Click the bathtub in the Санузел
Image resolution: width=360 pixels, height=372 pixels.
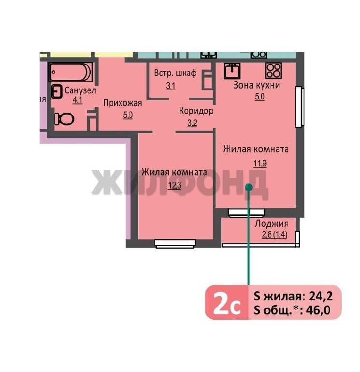(x=71, y=72)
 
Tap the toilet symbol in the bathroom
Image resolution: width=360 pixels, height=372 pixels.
(x=64, y=119)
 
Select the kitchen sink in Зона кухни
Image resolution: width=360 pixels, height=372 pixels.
(x=232, y=71)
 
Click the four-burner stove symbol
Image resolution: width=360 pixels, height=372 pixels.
(x=273, y=71)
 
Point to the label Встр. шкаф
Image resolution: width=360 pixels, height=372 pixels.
(x=175, y=73)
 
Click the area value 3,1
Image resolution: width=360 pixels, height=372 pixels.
(x=171, y=86)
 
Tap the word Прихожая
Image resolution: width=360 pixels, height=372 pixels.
(x=123, y=103)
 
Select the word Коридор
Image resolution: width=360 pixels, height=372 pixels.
(x=196, y=111)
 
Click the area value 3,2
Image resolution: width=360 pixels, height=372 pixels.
(x=192, y=123)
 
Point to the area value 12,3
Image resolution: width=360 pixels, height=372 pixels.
(x=174, y=185)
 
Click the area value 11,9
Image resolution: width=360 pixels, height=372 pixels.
(x=260, y=164)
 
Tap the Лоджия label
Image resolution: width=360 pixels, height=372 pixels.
(x=271, y=223)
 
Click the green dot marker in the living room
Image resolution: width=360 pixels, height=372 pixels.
(x=248, y=187)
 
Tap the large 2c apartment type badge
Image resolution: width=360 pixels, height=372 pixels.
(x=227, y=302)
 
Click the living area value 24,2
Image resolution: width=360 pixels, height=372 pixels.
(x=321, y=296)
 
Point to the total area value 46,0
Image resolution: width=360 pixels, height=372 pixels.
(x=318, y=310)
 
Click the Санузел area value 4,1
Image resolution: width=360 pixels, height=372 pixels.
(x=77, y=100)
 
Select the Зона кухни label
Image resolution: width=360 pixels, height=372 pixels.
(x=257, y=85)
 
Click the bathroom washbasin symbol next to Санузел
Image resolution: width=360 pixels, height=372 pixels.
(x=57, y=91)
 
